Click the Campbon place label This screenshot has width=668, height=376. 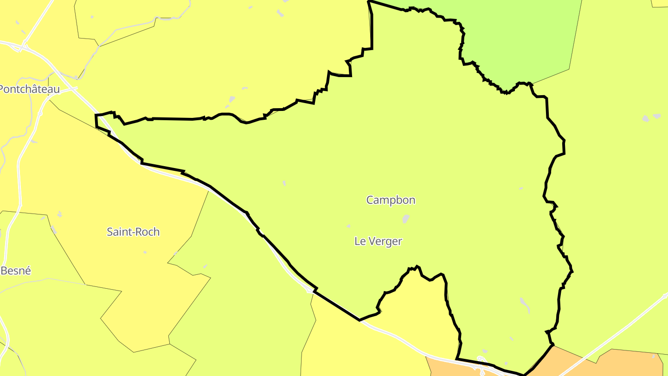[x=391, y=200]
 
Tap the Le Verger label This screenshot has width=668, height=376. [x=378, y=241]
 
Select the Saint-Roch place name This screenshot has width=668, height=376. [x=133, y=232]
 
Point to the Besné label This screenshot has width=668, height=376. [x=16, y=271]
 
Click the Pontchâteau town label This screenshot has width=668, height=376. [x=30, y=89]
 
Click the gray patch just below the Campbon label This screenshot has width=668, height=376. [x=406, y=219]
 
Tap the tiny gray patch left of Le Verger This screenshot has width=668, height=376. [x=348, y=226]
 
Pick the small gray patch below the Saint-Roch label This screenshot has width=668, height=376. [x=145, y=252]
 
